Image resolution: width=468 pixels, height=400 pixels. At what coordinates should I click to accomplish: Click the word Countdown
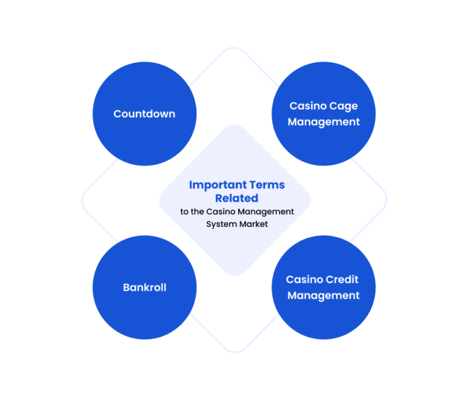144,114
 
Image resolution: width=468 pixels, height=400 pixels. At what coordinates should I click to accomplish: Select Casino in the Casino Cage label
308,105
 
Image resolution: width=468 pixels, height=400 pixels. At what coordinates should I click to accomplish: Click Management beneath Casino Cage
324,122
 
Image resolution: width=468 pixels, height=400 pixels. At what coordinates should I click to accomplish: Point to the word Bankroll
144,287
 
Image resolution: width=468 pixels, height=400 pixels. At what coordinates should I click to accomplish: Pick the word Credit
342,279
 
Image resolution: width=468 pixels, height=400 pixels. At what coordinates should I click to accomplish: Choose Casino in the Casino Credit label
305,279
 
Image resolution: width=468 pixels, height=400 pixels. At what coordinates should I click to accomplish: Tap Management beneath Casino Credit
323,296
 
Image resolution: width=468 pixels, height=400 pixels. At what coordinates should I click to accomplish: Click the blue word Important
218,185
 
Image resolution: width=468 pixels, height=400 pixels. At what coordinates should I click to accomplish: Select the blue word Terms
267,185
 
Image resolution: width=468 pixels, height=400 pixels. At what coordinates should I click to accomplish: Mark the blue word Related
236,198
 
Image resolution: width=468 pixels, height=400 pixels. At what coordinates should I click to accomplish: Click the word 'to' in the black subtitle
185,212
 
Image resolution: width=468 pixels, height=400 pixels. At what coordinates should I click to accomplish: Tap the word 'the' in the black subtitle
197,212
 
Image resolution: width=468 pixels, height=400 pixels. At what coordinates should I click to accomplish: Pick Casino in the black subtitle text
221,212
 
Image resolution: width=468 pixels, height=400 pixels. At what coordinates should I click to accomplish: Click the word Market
253,224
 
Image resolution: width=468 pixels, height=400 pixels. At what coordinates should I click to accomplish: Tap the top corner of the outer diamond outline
234,48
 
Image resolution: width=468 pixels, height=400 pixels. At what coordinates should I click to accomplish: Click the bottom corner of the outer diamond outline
235,352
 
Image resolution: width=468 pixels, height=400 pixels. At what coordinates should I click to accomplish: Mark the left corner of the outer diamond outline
82,200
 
